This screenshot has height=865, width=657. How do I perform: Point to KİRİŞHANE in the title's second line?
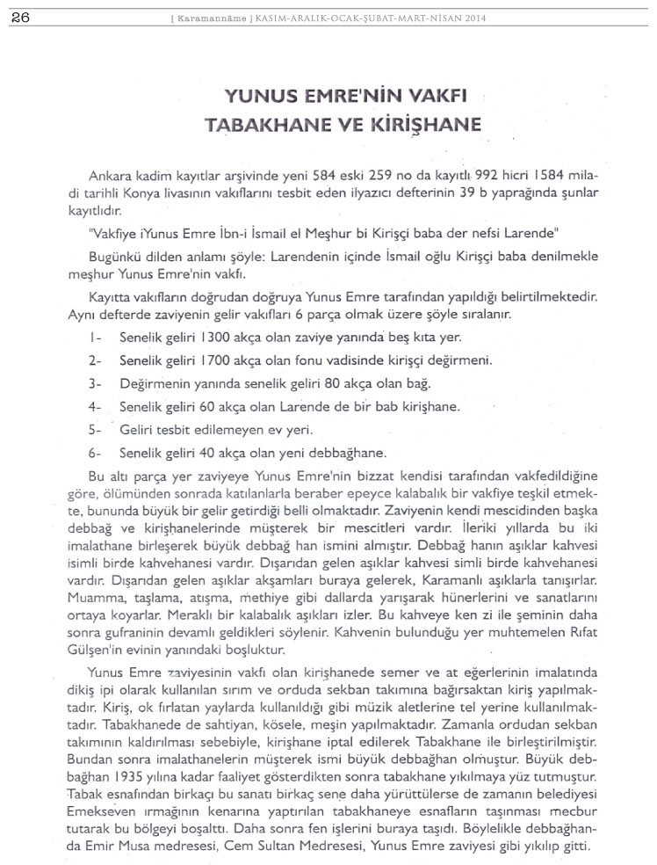(x=415, y=123)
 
